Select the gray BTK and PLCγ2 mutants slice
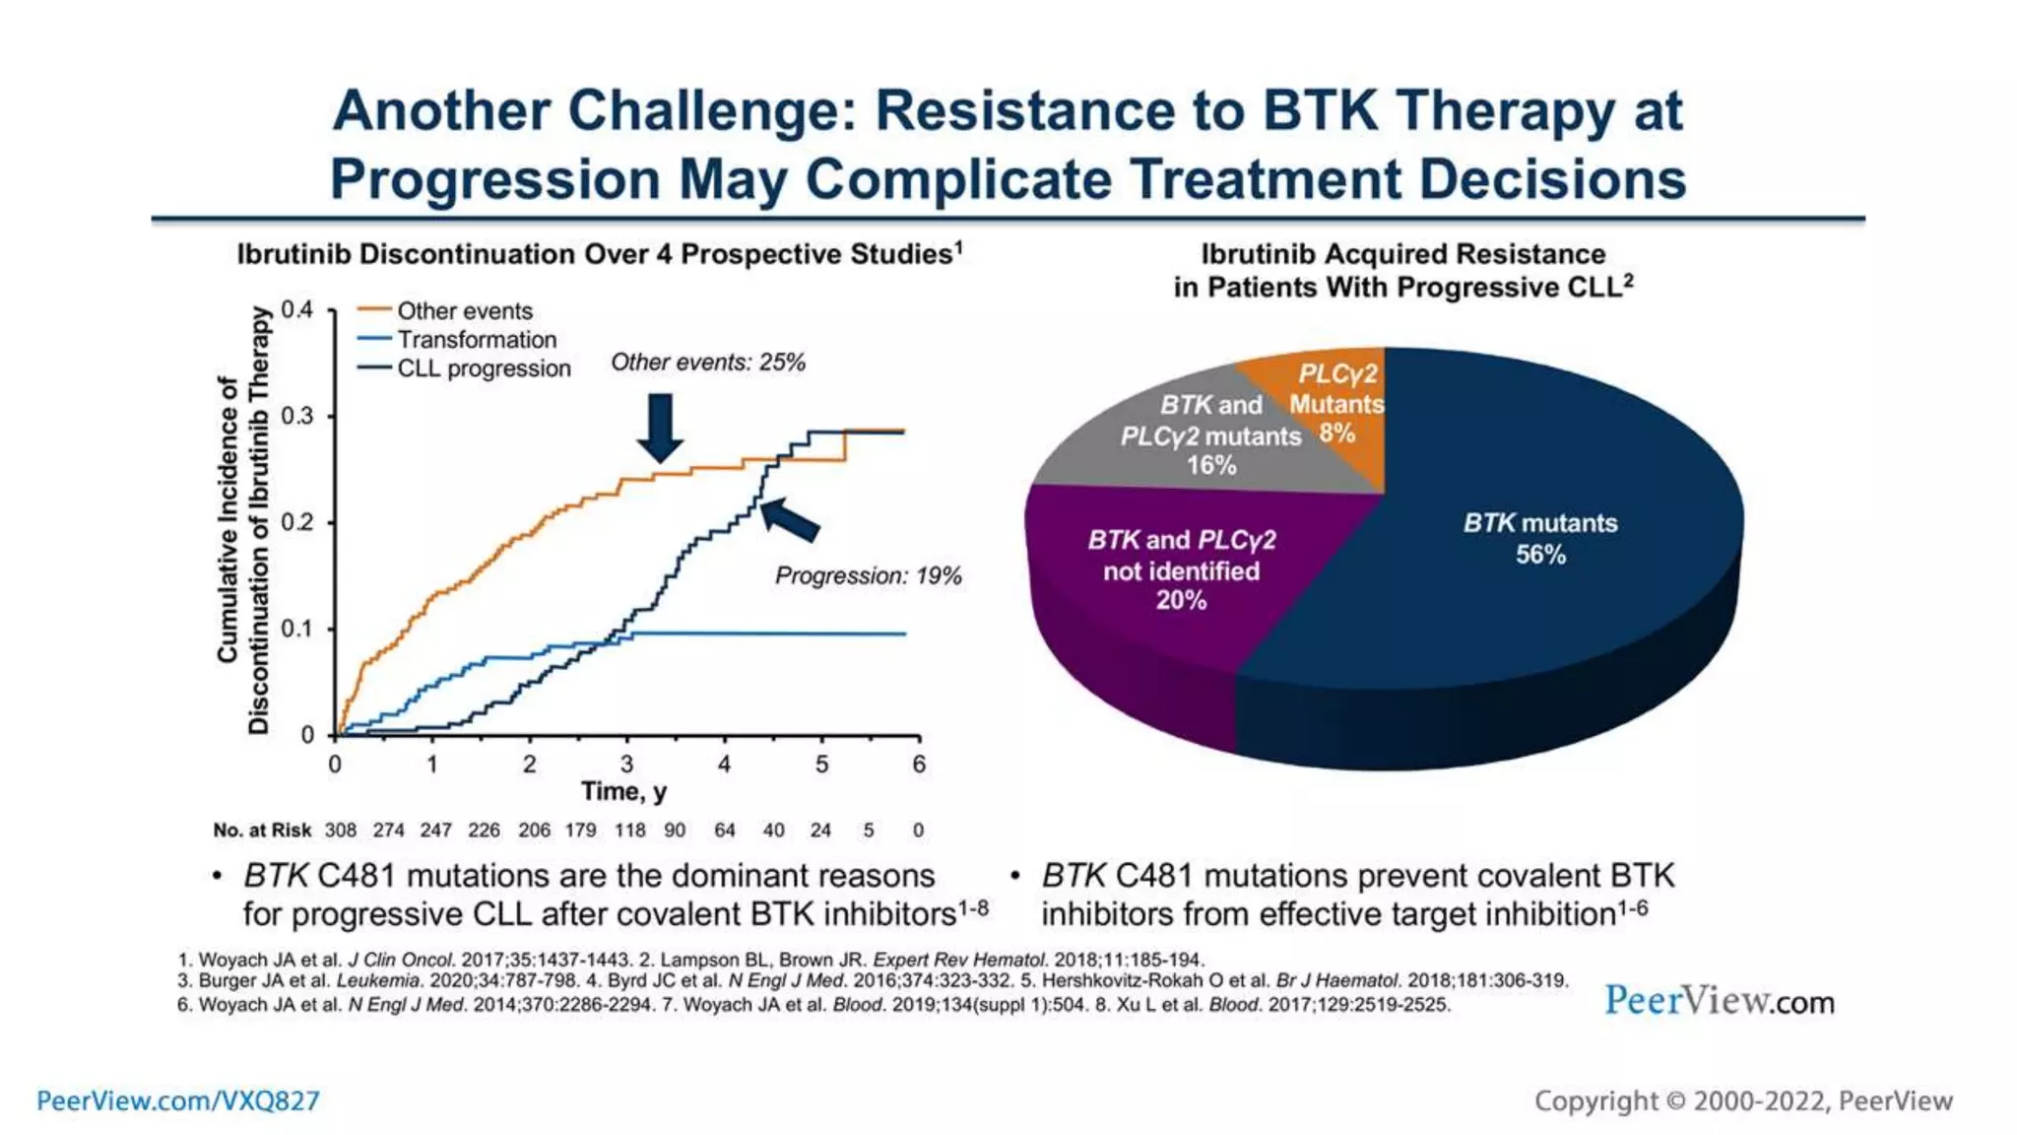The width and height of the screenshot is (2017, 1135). pos(1209,434)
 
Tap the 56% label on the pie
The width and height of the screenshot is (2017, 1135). pos(1540,555)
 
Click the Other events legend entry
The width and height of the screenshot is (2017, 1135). pos(463,311)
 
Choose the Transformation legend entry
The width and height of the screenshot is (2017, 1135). pos(476,340)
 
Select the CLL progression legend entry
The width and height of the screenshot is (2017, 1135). pos(483,368)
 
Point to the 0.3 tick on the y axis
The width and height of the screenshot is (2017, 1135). pos(297,416)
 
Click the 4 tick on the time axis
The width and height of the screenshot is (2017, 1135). pos(724,765)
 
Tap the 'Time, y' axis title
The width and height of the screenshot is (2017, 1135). pos(623,792)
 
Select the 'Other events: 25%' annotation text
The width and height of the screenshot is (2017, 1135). pos(707,363)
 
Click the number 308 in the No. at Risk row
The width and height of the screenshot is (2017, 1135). pos(341,831)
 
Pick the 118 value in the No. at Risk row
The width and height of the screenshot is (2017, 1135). pos(629,831)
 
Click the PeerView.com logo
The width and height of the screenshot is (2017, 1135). pos(1719,1001)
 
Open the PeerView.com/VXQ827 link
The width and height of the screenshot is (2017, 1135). pos(178,1101)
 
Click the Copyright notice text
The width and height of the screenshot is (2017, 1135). pos(1742,1101)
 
